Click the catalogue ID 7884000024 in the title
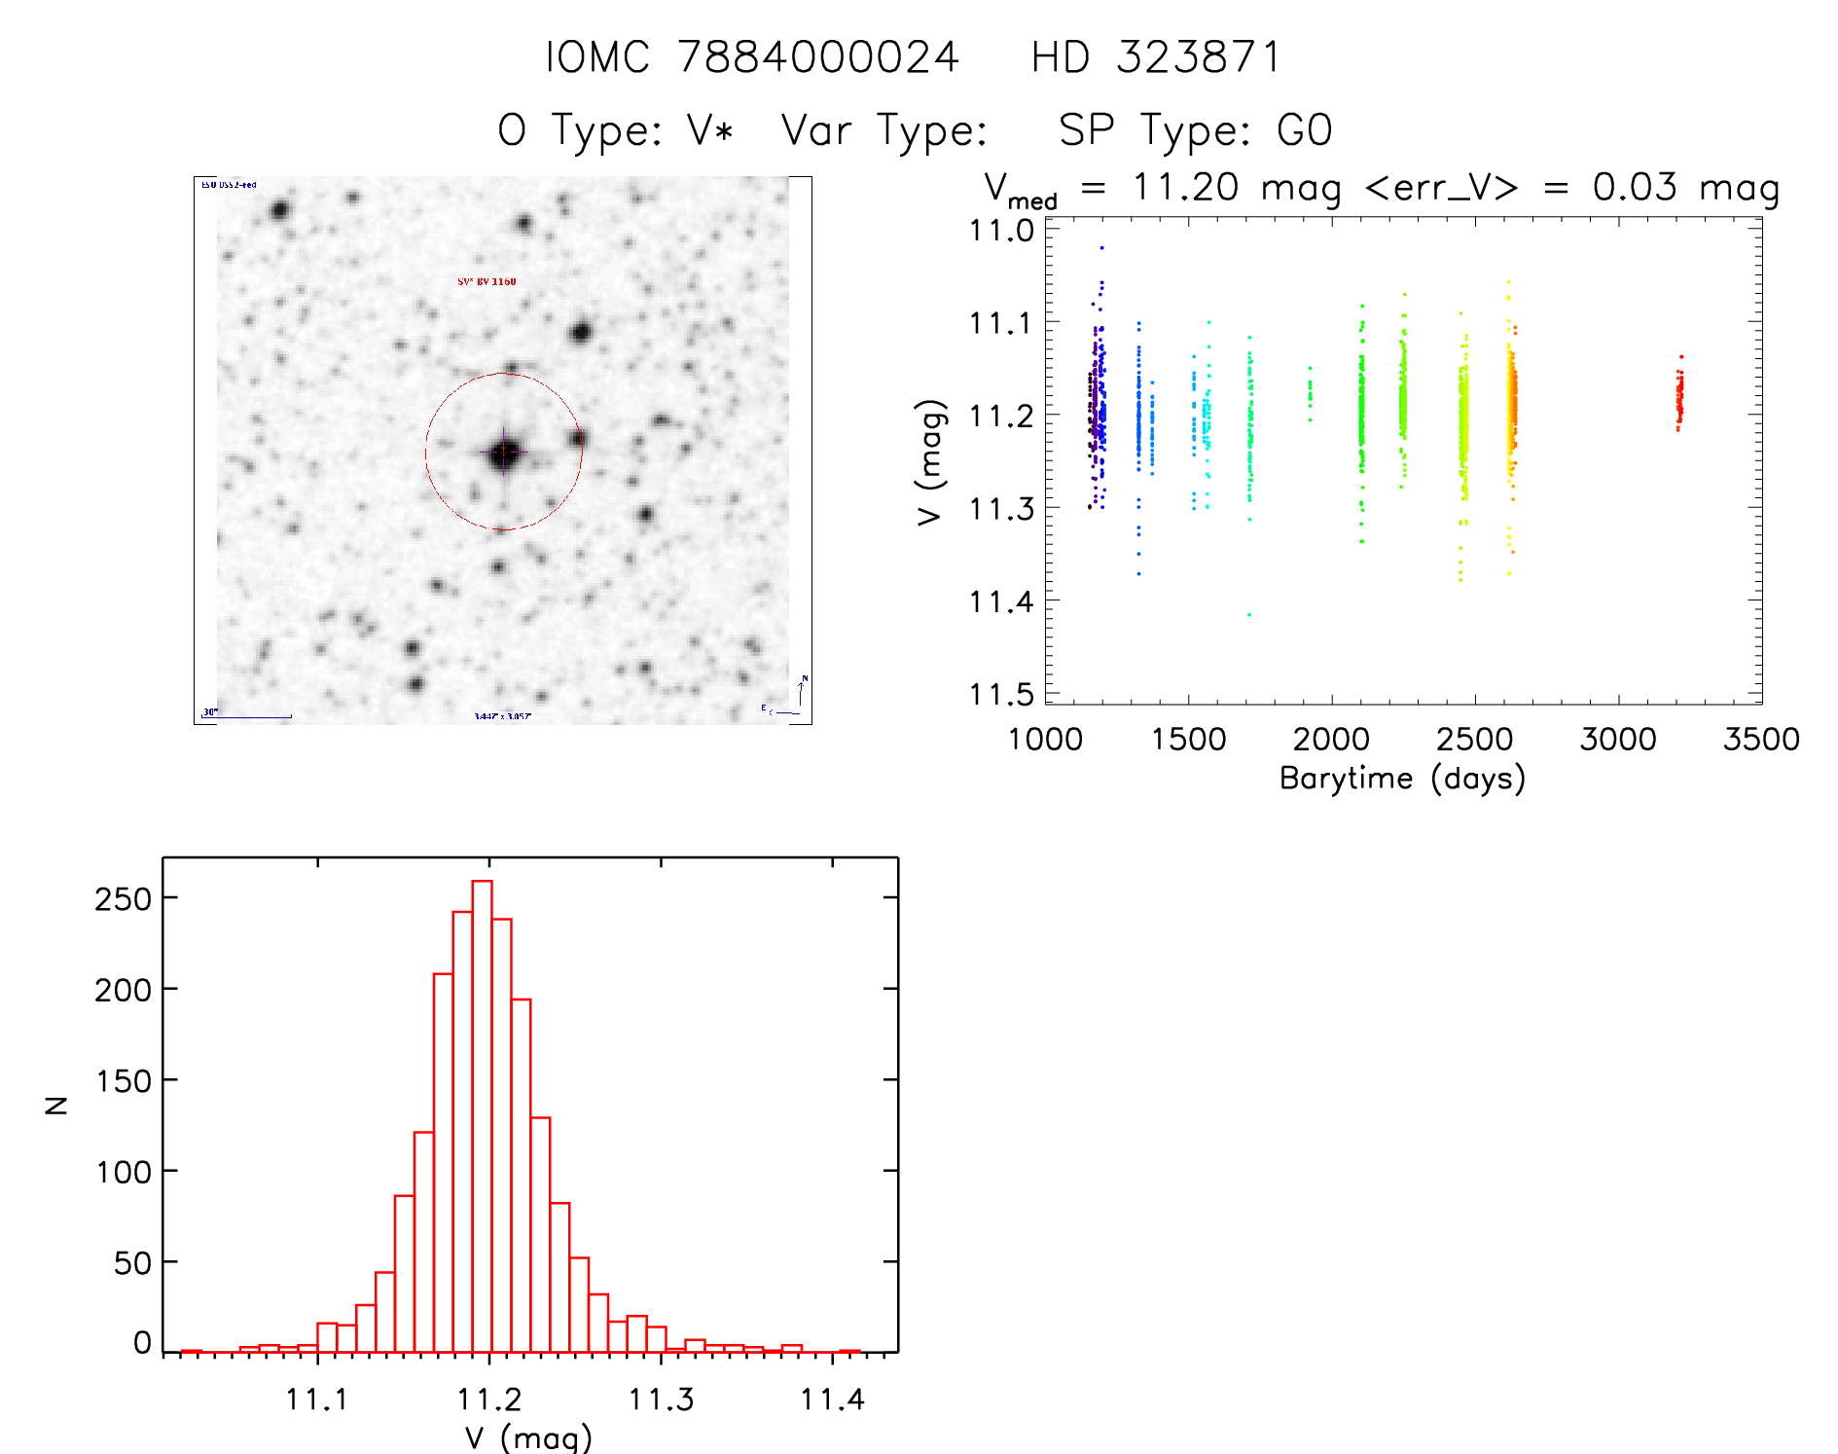coord(818,56)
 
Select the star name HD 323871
coord(1156,56)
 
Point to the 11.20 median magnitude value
coord(1185,187)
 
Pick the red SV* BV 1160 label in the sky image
coord(487,281)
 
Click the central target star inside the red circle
coord(503,452)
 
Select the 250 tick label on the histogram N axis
coord(124,898)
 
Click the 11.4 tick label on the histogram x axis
coord(832,1399)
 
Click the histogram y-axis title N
coord(57,1105)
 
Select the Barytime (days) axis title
coord(1402,779)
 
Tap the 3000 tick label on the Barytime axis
coord(1618,739)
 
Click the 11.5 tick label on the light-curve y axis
coord(1001,695)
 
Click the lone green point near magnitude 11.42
coord(1249,614)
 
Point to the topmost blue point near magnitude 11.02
coord(1101,248)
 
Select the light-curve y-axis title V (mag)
coord(930,462)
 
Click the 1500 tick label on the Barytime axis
coord(1188,739)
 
